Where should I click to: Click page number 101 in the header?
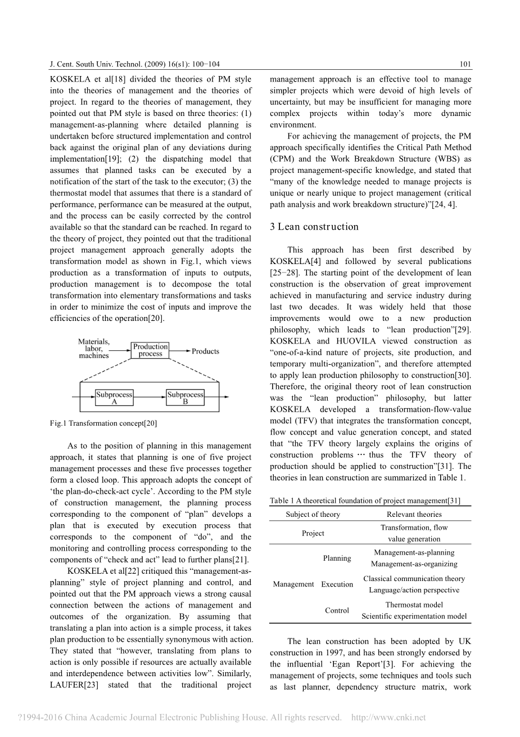465,65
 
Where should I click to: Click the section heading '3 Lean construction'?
314,227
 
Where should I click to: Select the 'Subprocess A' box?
114,397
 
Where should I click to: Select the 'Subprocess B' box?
185,397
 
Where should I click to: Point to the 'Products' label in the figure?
205,351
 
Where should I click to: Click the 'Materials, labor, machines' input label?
94,349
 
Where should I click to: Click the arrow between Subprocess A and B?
150,398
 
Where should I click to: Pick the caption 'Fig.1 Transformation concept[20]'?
103,423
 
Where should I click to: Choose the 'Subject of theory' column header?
313,514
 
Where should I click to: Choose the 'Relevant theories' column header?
414,514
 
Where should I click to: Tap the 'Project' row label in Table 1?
313,533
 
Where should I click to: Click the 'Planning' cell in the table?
337,558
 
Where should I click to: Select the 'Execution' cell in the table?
337,584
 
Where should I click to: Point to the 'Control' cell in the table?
337,610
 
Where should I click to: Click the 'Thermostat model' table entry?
414,605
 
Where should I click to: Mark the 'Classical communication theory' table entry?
414,579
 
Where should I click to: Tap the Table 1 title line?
365,501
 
